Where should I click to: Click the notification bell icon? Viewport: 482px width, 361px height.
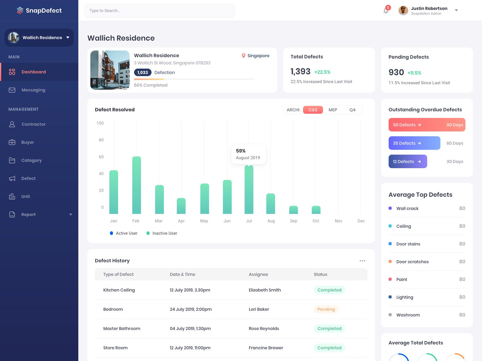(386, 11)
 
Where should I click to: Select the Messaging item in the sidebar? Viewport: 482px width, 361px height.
(33, 90)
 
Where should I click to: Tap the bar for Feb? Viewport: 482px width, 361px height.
(136, 185)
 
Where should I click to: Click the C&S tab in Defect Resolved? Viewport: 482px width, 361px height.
(313, 110)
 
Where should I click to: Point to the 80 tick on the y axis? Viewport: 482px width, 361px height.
(101, 140)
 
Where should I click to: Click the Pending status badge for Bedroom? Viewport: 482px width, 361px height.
(326, 309)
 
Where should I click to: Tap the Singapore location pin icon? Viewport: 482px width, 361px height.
(243, 56)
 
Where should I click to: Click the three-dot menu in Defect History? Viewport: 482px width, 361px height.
(362, 261)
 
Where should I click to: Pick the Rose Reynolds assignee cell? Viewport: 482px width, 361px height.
(264, 329)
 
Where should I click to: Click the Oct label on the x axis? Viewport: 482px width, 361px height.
(316, 221)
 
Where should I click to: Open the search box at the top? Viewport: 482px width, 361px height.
(160, 11)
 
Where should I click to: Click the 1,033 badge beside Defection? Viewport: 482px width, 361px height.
(142, 73)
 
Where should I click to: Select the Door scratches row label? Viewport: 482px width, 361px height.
(412, 262)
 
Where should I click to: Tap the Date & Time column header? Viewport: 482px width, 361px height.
(182, 274)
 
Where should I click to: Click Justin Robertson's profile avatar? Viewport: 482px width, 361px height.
(403, 11)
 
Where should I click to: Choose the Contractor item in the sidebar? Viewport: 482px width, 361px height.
(33, 124)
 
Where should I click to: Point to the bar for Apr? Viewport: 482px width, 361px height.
(181, 206)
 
